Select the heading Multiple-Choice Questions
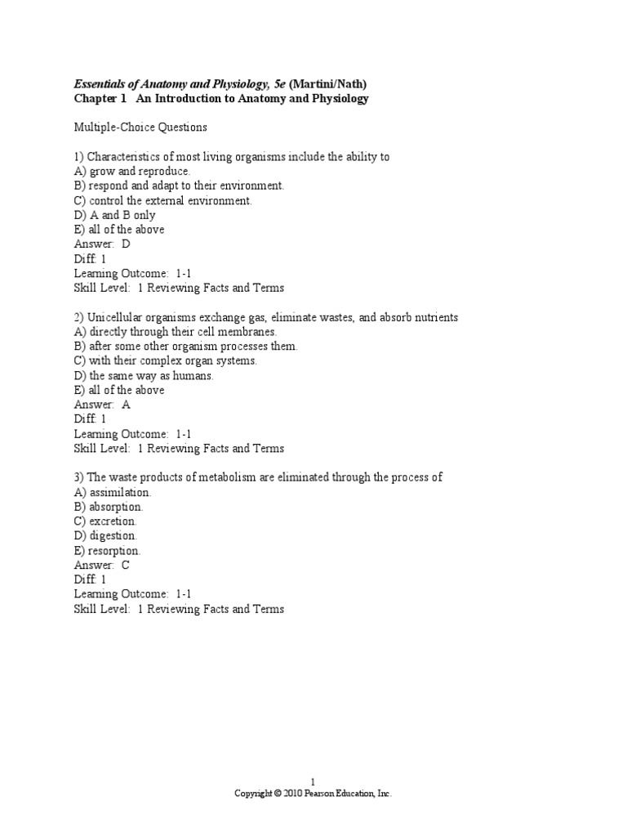point(140,128)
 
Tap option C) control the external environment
point(163,200)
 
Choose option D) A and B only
point(114,215)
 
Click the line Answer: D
point(102,244)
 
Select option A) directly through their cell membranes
point(176,332)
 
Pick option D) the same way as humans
point(144,375)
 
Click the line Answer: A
point(102,405)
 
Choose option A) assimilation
point(113,492)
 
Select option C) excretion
point(106,521)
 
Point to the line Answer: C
point(102,565)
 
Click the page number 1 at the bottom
point(313,781)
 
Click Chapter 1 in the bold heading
point(98,99)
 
